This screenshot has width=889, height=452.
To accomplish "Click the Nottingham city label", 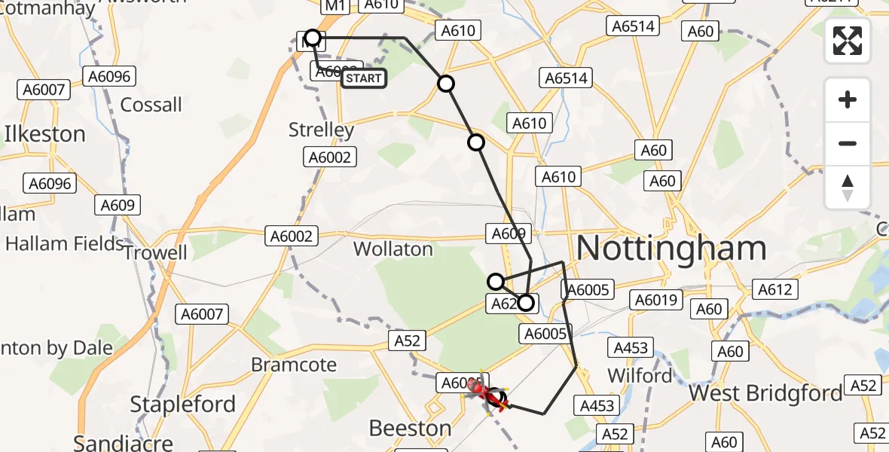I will coord(671,247).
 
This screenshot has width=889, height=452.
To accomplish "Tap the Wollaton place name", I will coord(393,249).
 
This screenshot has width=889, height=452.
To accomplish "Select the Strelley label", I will coord(321,130).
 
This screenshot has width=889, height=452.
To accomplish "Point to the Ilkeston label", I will coord(45,134).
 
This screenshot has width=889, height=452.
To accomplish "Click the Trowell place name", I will coord(155,252).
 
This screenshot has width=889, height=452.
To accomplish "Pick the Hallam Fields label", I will coord(64,243).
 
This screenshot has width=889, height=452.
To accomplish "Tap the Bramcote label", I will coord(294,365).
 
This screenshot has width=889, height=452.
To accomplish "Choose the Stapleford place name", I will coord(183,404).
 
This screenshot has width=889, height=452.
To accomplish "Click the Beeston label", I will coord(410,429).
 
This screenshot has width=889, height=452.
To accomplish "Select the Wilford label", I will coord(639,375).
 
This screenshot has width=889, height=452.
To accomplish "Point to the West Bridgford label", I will coord(765,393).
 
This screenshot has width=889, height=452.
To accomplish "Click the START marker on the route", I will coord(364,78).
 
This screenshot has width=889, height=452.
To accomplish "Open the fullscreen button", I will coord(848,41).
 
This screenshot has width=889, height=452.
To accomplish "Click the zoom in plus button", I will coord(848,99).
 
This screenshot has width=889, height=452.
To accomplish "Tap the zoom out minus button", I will coord(848,143).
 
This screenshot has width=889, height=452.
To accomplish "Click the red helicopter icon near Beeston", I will coord(479,389).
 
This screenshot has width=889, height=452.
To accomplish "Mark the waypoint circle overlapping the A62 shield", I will coord(526,304).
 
